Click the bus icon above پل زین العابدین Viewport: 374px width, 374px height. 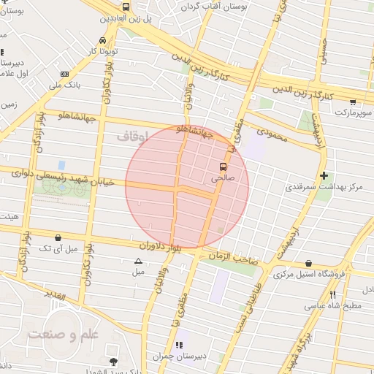(126, 7)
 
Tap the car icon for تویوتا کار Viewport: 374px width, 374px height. (102, 41)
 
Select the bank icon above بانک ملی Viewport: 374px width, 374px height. (65, 74)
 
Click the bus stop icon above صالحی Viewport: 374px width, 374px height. (224, 167)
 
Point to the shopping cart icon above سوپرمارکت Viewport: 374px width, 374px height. (353, 102)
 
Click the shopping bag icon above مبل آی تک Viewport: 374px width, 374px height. (58, 237)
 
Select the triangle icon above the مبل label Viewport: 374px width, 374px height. (138, 261)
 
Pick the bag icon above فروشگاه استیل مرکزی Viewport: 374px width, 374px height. (309, 264)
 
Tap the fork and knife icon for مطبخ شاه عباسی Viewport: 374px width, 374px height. (332, 294)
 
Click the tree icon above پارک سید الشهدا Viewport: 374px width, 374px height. (112, 361)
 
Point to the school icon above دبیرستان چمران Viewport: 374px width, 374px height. (177, 345)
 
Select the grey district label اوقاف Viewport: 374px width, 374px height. (132, 136)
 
